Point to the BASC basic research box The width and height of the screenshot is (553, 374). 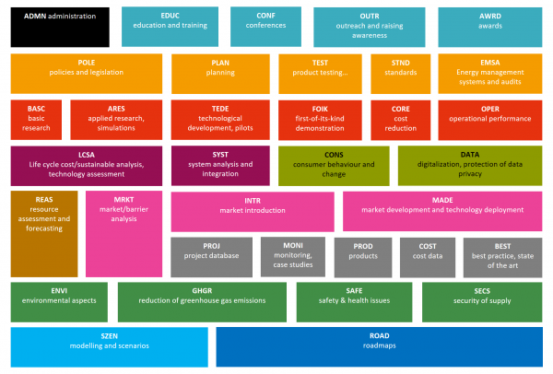(36, 118)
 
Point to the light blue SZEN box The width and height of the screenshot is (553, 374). (110, 345)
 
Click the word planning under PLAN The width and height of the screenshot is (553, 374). (220, 73)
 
